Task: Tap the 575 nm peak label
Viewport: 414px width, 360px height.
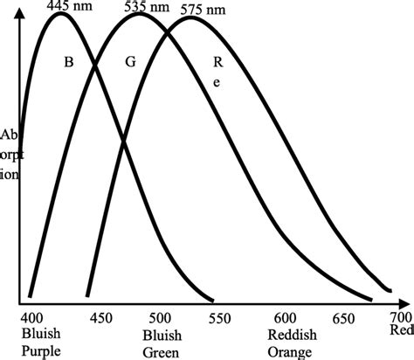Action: point(203,10)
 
